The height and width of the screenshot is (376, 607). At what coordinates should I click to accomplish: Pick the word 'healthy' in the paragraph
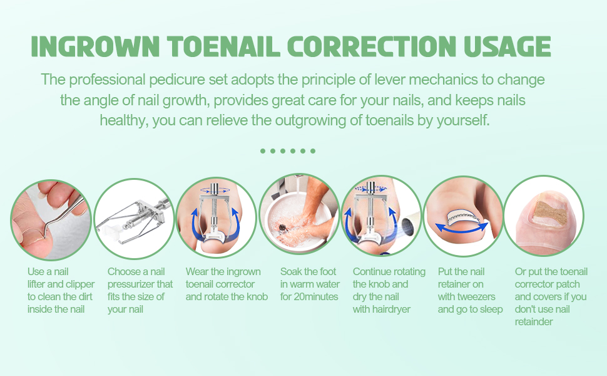123,120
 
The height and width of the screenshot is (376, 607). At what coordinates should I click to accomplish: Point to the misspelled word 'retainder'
534,321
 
